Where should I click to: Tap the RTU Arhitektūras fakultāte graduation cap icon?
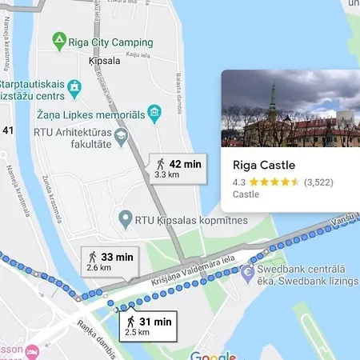pos(120,137)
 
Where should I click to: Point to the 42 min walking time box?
pos(178,166)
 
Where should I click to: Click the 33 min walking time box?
pos(110,261)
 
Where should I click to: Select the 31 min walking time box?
pos(148,324)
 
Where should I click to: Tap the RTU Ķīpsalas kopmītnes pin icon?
pos(124,217)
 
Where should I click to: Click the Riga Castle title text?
pos(264,166)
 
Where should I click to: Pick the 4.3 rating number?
pos(238,182)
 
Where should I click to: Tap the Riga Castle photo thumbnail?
pos(290,110)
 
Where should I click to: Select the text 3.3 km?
pos(166,174)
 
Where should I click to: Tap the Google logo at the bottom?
pos(214,356)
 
